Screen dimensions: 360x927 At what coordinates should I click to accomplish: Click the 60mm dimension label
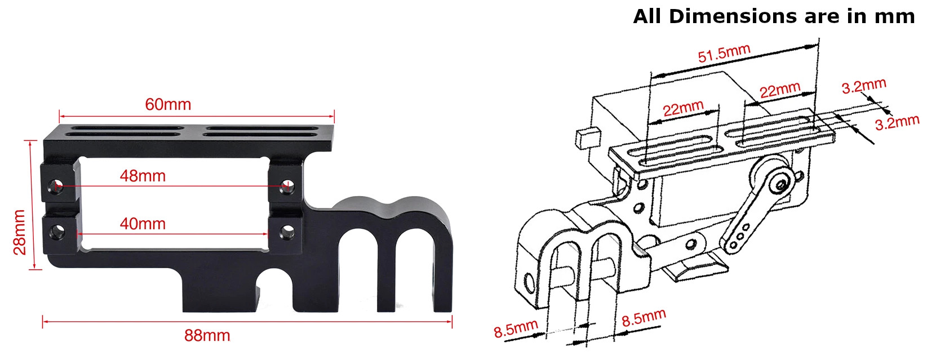coord(168,104)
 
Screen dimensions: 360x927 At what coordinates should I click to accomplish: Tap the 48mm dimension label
coord(143,176)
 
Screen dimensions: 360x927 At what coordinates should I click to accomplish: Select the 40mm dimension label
coord(143,224)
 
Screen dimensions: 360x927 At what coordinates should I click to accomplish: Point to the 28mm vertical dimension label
coord(20,232)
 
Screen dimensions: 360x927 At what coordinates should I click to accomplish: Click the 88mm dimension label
coord(207,336)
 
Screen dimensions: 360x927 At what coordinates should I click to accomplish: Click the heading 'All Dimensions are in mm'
coord(773,16)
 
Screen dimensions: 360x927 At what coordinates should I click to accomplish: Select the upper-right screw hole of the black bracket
coord(287,185)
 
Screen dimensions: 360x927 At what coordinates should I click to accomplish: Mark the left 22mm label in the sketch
coord(682,108)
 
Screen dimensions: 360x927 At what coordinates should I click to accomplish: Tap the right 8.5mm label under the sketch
coord(644,318)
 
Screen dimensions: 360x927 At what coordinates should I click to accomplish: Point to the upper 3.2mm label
coord(863,86)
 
